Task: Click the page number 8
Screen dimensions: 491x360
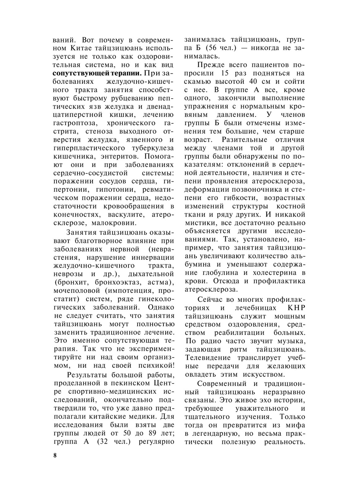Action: pyautogui.click(x=55, y=455)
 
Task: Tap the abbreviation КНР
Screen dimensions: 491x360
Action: pyautogui.click(x=296, y=308)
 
